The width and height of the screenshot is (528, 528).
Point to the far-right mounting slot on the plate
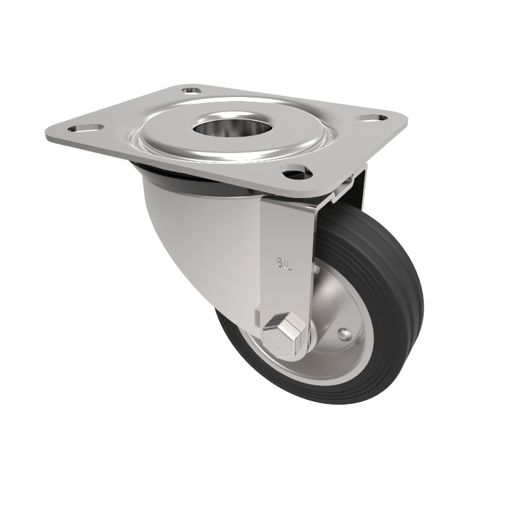[372, 118]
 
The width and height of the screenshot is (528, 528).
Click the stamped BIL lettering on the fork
[283, 263]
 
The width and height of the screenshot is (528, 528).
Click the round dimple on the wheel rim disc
[343, 334]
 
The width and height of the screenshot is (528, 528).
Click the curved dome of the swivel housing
[198, 224]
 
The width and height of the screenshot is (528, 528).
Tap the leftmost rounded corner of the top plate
[49, 132]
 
